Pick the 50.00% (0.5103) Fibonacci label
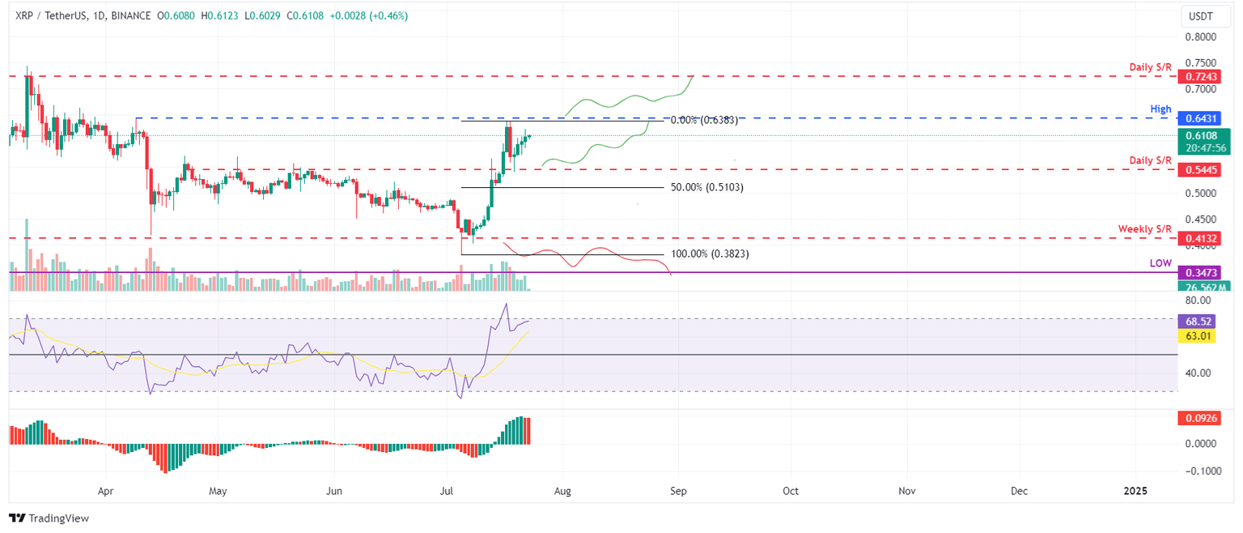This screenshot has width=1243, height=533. (x=706, y=187)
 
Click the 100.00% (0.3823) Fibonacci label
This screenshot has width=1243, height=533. (x=709, y=254)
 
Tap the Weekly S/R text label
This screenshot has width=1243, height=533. (x=1145, y=229)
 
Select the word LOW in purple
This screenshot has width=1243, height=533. (x=1160, y=264)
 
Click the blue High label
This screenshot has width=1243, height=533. (x=1160, y=109)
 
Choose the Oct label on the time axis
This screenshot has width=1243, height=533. (x=791, y=491)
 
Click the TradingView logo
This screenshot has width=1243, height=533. (x=49, y=518)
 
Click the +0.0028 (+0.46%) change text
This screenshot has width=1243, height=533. (x=375, y=15)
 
